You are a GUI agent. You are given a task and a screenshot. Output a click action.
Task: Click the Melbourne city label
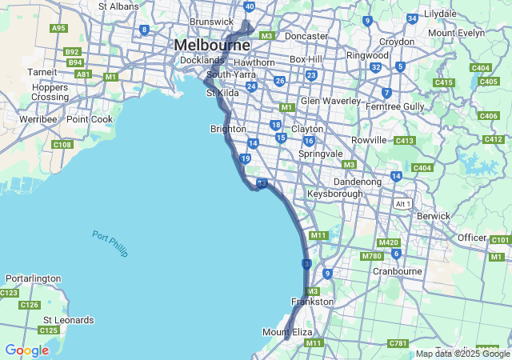[212, 45]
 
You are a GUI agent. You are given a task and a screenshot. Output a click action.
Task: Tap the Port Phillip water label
[110, 243]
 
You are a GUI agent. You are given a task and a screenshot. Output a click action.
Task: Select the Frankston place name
[312, 302]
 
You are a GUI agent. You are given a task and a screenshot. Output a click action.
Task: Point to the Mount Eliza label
[287, 332]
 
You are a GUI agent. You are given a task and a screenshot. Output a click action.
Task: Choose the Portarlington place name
[33, 278]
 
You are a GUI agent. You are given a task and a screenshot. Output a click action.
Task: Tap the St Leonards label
[68, 320]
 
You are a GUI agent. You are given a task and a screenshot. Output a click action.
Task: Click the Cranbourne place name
[397, 271]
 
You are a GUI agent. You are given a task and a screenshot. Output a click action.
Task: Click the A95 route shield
[58, 28]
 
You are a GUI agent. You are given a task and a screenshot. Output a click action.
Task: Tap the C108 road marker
[62, 145]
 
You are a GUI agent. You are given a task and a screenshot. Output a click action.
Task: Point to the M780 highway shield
[371, 256]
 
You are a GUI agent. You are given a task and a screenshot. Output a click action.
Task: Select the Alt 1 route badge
[402, 204]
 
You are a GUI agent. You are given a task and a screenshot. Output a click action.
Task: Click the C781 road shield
[398, 343]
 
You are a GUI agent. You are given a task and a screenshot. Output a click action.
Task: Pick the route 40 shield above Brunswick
[250, 6]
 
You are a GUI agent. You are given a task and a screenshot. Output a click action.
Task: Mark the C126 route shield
[30, 305]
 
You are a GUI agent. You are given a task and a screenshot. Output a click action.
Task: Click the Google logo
[26, 350]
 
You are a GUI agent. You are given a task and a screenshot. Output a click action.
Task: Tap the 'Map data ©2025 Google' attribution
[462, 354]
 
